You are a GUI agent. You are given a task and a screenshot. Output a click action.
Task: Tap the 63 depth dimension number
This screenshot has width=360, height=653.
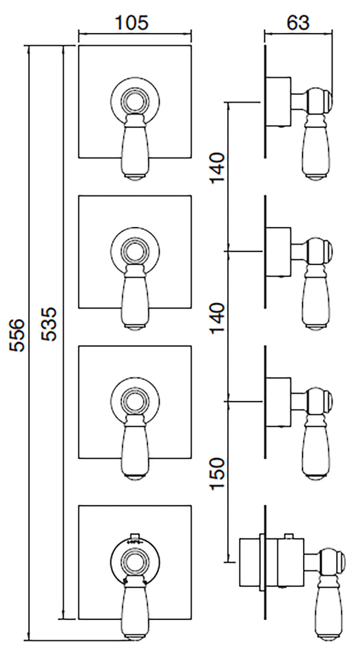coord(297,23)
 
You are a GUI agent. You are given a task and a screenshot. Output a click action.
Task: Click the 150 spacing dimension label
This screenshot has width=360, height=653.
coord(217,474)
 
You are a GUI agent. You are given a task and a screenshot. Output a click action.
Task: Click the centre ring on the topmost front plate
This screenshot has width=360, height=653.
coord(135,99)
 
